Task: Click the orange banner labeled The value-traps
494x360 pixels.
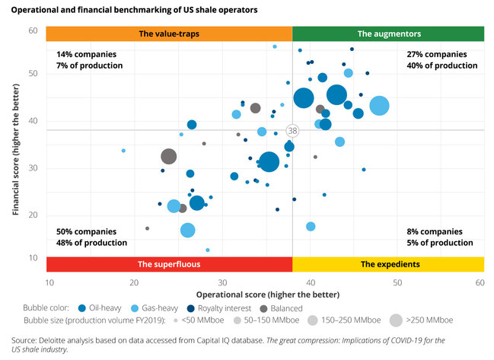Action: [x=169, y=34]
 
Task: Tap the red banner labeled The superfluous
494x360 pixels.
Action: [x=169, y=264]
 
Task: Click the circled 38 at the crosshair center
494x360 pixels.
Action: [x=292, y=131]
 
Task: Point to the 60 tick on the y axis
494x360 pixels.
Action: [x=33, y=30]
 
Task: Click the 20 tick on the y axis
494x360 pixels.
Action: [x=33, y=216]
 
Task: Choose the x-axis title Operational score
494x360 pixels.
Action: [x=264, y=294]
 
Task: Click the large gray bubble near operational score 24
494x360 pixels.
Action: [x=169, y=157]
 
